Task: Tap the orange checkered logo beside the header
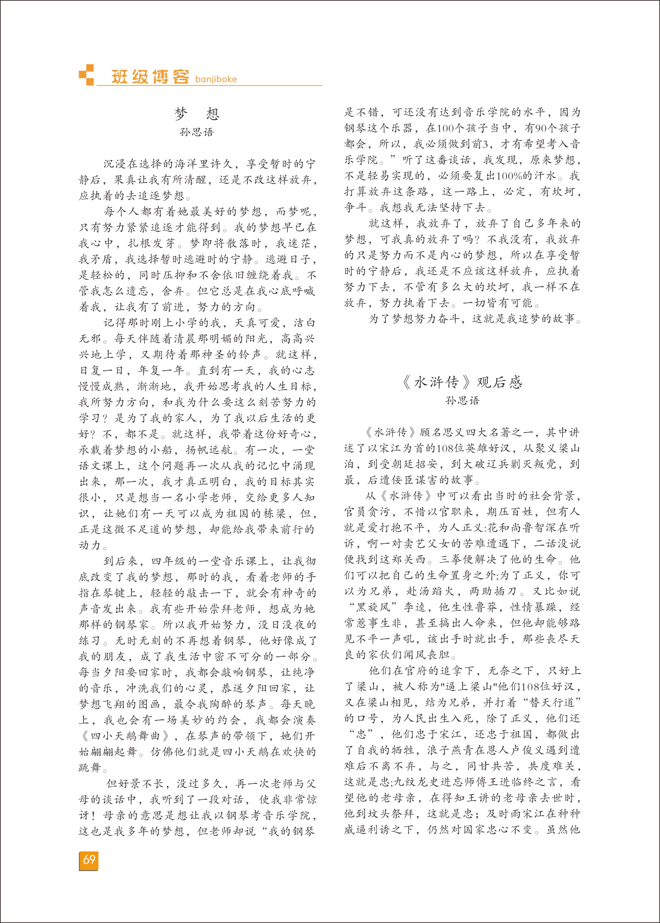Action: (86, 75)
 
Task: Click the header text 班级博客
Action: (150, 77)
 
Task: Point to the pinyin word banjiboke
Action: (216, 79)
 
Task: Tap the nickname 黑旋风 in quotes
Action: (373, 607)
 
